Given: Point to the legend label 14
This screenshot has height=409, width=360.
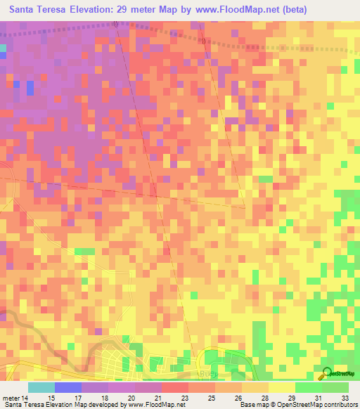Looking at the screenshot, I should [26, 398].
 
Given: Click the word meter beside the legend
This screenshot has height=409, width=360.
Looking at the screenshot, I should [11, 398].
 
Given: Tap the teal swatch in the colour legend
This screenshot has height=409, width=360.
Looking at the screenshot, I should [41, 387].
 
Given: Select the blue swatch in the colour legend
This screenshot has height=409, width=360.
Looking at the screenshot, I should [67, 387].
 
